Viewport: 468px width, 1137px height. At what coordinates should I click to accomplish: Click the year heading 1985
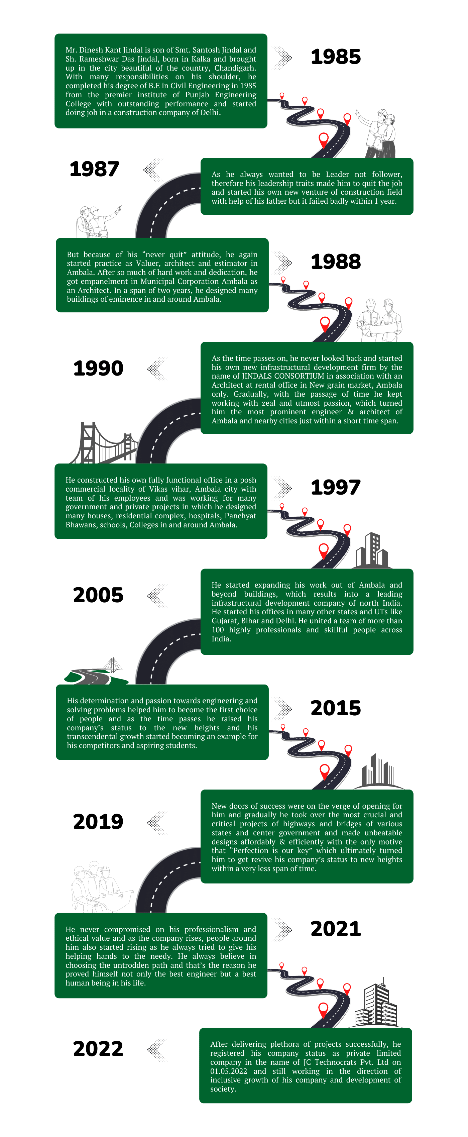336,57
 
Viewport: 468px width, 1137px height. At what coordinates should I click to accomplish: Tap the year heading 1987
94,169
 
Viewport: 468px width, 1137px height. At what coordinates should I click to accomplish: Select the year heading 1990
98,369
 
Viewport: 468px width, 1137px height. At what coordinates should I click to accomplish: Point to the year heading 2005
98,595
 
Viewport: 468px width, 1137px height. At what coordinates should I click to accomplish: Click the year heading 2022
98,1049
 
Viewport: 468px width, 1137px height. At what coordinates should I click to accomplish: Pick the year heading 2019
98,821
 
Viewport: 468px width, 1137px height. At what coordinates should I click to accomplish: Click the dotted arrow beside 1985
282,58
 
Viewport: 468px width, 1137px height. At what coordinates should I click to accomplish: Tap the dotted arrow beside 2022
157,1049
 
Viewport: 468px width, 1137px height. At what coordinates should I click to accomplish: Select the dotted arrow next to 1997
282,488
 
